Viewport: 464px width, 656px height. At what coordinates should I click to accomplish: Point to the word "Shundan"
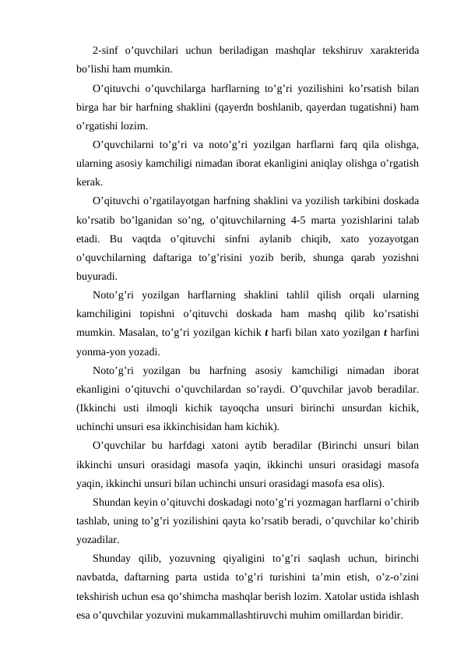coord(112,501)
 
